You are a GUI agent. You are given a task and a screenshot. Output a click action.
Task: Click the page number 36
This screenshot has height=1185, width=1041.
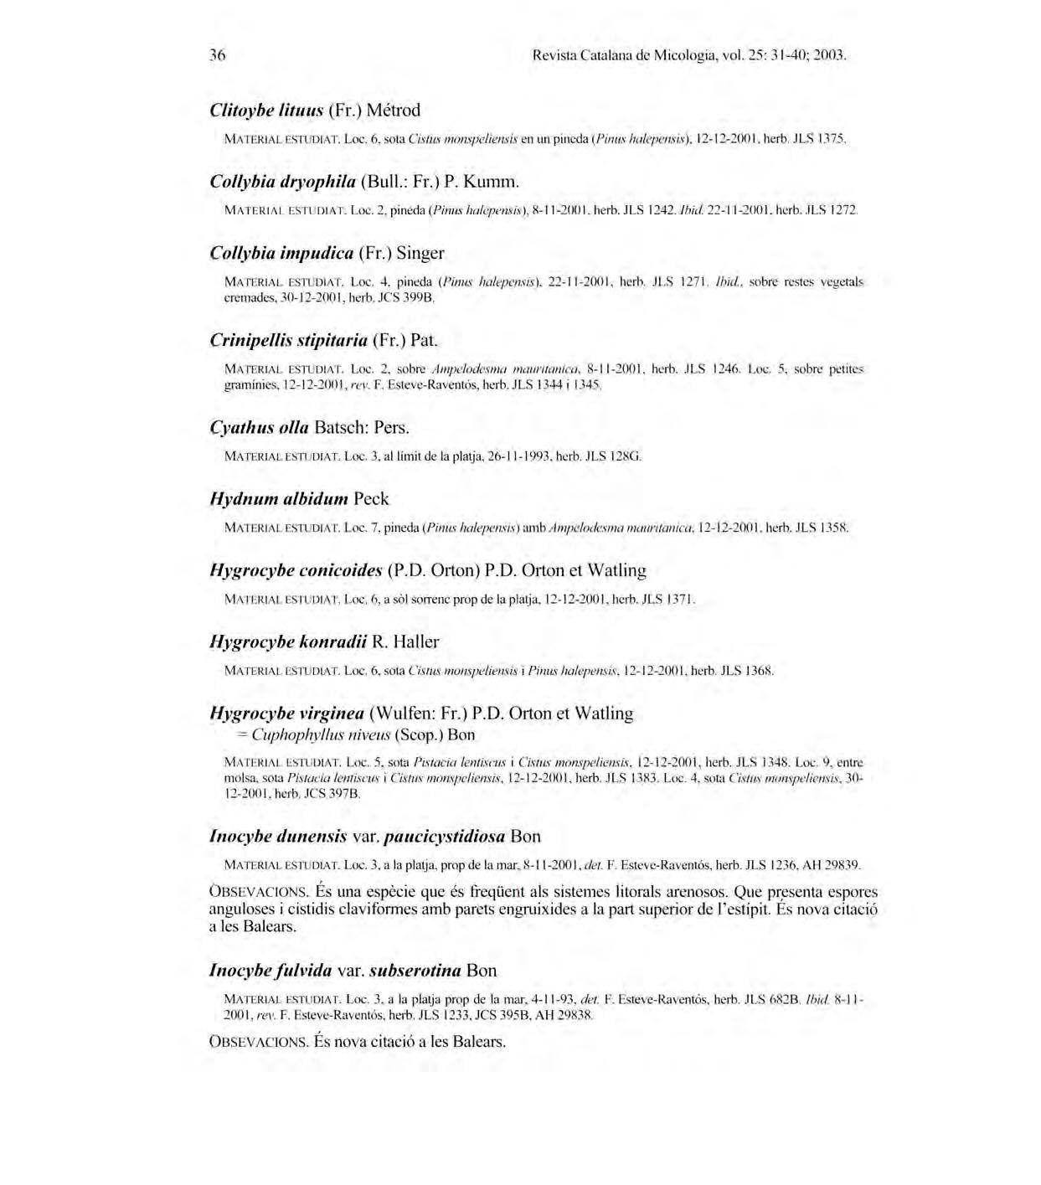coord(218,56)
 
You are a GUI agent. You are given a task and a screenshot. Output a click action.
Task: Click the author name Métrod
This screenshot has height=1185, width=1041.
coord(394,111)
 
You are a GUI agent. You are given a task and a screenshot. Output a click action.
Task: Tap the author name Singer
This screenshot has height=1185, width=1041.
coord(420,253)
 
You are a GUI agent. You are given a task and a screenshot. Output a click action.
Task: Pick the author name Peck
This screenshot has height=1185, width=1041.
coord(371,499)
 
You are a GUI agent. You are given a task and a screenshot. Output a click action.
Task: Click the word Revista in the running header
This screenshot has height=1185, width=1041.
coord(554,56)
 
